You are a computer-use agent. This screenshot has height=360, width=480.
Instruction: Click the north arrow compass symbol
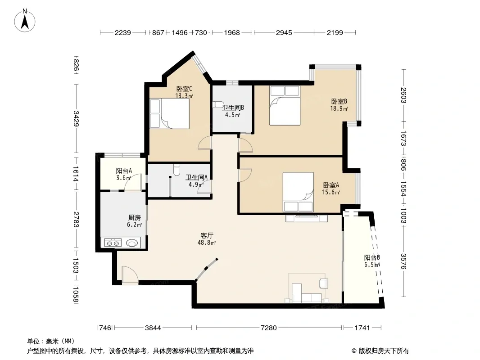(x=25, y=20)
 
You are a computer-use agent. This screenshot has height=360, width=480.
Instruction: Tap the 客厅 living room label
(x=207, y=235)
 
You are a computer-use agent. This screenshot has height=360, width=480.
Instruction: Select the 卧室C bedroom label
(x=184, y=89)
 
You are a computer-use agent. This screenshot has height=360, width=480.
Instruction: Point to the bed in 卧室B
(x=285, y=105)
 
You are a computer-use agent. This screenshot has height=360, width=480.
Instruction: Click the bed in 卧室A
(x=298, y=192)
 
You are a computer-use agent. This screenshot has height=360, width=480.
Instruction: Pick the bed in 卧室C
(x=170, y=113)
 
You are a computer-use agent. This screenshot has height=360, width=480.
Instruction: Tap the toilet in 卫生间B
(x=218, y=104)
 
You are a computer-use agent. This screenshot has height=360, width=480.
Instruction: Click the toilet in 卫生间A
(x=177, y=170)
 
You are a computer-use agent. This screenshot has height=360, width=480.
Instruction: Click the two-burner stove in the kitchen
(x=113, y=243)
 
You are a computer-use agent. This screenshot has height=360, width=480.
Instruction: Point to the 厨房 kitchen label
(x=134, y=217)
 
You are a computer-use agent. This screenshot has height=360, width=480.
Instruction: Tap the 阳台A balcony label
(x=124, y=171)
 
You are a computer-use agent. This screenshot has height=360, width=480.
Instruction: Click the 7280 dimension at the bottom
(x=268, y=328)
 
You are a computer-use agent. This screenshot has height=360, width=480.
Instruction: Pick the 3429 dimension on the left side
(x=76, y=118)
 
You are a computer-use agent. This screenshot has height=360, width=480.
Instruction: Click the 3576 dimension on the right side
(x=403, y=261)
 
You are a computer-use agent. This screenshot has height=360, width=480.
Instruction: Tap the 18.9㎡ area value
(x=339, y=108)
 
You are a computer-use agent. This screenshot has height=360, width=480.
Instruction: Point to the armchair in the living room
(x=323, y=283)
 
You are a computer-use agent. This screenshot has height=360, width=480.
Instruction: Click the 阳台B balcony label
(x=372, y=257)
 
